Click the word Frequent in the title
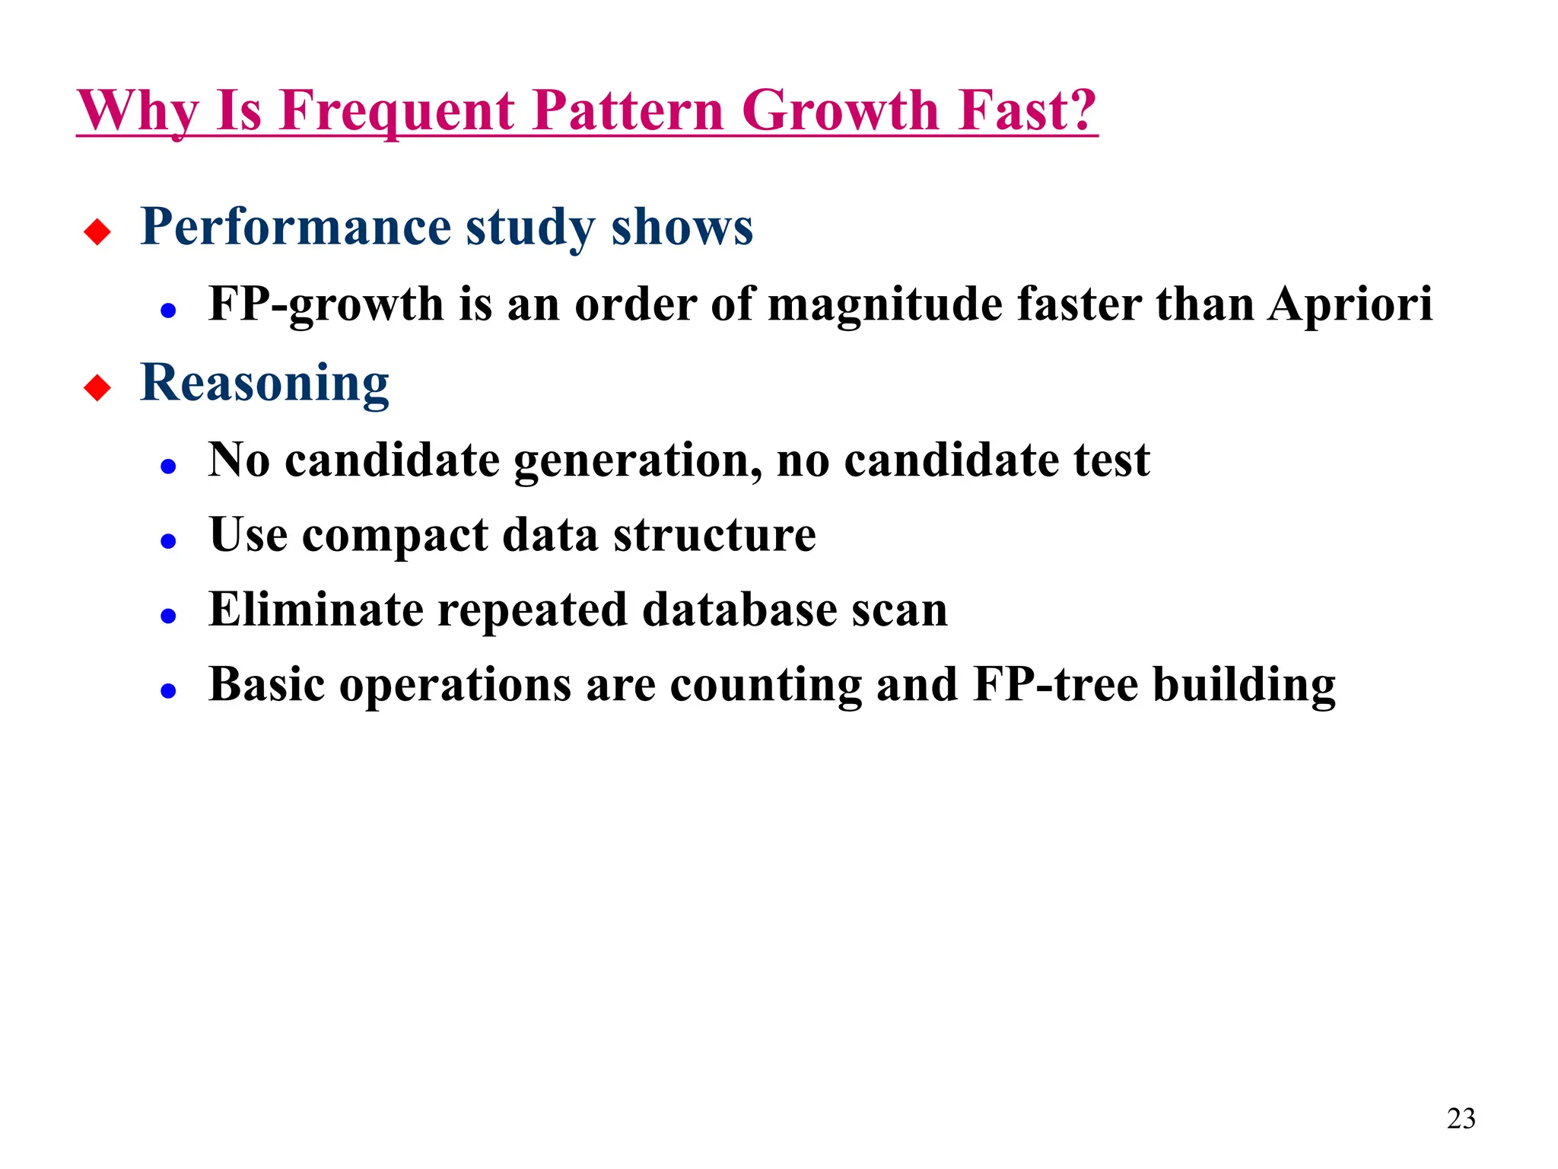tap(397, 111)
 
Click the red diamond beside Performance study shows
tap(97, 231)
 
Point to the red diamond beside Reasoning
tap(97, 387)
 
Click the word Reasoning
tap(265, 384)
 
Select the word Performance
tap(296, 228)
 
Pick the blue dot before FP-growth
tap(169, 311)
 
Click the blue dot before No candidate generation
tap(169, 466)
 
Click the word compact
tap(395, 536)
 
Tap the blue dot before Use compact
tap(169, 541)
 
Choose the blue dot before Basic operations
tap(169, 691)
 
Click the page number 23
tap(1461, 1119)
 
